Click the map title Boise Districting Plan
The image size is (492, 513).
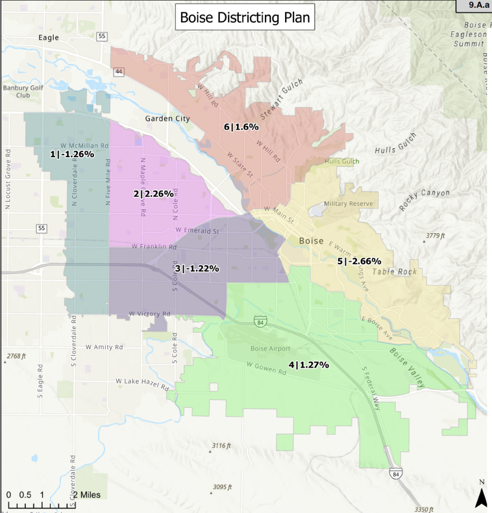(x=245, y=18)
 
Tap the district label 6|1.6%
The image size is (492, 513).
(x=242, y=127)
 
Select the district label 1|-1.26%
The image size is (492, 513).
(x=72, y=154)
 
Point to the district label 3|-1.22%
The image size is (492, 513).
(x=197, y=269)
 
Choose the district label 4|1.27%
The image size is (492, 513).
(x=309, y=365)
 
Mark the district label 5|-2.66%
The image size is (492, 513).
(x=359, y=261)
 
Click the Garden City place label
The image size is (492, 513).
(x=167, y=119)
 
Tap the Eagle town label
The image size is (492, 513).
(x=49, y=37)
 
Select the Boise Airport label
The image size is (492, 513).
(x=270, y=349)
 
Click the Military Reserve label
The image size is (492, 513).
(x=348, y=204)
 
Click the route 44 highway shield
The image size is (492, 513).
(x=119, y=72)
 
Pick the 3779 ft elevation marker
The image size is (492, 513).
(x=434, y=236)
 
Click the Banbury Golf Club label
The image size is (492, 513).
(x=23, y=91)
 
